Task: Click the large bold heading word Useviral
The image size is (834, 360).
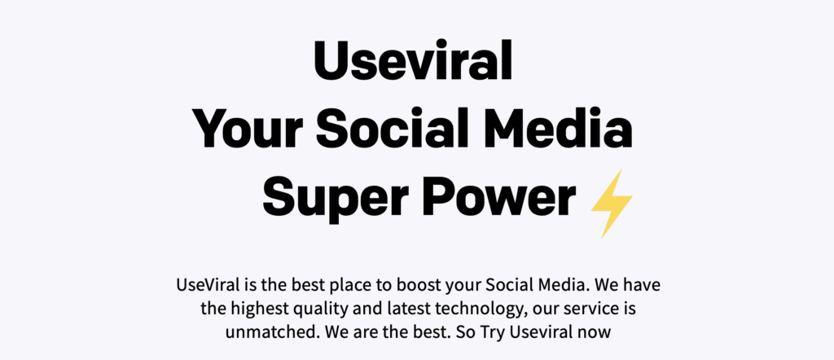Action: pos(412,59)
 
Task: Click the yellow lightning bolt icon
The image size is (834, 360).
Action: pos(612,203)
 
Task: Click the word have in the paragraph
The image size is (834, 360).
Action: pos(642,285)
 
